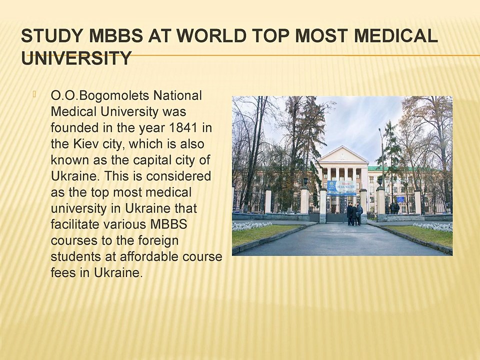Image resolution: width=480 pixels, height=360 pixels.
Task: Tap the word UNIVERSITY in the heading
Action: [x=76, y=58]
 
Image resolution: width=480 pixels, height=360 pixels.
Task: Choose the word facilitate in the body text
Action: [x=74, y=224]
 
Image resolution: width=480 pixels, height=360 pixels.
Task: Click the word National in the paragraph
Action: [x=177, y=95]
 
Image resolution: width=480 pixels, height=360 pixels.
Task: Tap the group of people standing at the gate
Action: [x=354, y=214]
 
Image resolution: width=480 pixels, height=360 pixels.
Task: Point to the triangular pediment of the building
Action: [x=343, y=155]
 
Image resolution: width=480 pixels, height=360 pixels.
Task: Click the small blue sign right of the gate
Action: [x=400, y=199]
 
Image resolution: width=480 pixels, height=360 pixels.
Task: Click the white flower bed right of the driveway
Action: [x=433, y=226]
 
